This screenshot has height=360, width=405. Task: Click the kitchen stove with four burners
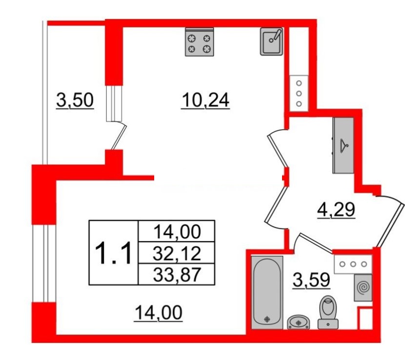(x=200, y=42)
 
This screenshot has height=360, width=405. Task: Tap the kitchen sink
(x=271, y=42)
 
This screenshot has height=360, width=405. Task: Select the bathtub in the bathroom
(x=267, y=293)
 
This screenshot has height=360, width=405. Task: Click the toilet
(x=328, y=312)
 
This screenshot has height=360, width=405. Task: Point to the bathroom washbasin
(x=299, y=322)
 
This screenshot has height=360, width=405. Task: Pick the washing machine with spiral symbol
(x=363, y=288)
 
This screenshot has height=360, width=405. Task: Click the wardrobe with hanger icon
(x=343, y=146)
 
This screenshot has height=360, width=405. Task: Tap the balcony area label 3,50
(x=75, y=100)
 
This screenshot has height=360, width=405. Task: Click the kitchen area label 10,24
(x=205, y=100)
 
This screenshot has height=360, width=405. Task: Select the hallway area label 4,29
(x=336, y=210)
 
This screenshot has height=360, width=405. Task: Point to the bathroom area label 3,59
(x=311, y=280)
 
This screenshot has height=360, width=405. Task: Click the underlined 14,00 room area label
(x=158, y=313)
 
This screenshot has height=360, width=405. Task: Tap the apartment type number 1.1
(x=114, y=253)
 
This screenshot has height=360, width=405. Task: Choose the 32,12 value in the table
(x=177, y=253)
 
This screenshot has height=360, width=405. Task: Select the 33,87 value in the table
(x=177, y=275)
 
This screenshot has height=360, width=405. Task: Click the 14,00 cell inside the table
(x=177, y=232)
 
